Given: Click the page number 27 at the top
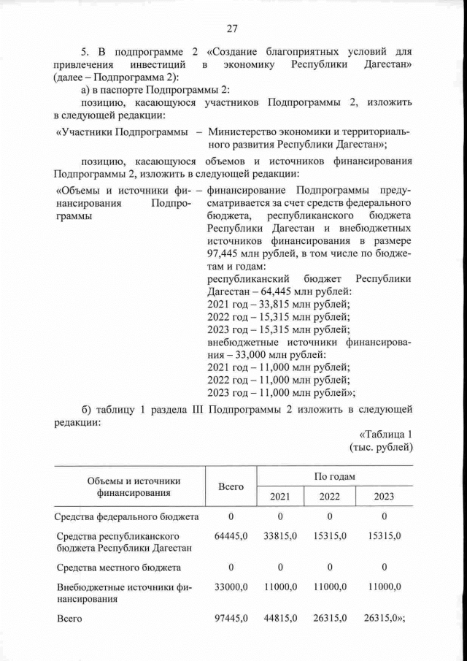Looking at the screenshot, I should click(x=233, y=28).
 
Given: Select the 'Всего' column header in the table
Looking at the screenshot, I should click(x=231, y=486).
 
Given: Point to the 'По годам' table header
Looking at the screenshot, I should click(x=335, y=476).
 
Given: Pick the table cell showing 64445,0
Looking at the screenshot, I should click(x=231, y=536).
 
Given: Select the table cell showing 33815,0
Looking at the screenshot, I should click(x=280, y=536).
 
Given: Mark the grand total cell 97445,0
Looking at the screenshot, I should click(x=231, y=619).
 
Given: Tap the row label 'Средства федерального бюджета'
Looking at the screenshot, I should click(x=127, y=517).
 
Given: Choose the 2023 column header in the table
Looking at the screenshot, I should click(x=384, y=497).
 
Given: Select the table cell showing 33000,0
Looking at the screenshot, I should click(x=231, y=586).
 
